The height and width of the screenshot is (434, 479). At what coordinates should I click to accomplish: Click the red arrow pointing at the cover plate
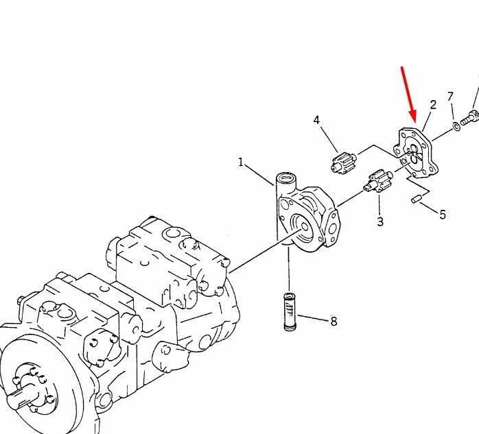pos(409,94)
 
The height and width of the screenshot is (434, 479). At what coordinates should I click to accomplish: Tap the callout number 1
pos(241,162)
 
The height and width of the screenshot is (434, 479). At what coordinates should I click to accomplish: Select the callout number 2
pos(433,105)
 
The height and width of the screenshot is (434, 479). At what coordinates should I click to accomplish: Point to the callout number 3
pos(380,221)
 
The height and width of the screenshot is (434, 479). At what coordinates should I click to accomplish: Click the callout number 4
pos(316,120)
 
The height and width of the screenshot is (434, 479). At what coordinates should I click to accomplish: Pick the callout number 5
pos(443,215)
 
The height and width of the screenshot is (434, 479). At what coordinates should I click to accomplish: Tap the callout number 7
pos(450,97)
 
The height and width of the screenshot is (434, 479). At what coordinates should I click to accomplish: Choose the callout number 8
pos(334,321)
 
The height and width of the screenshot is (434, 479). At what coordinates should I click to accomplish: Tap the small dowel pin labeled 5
pos(416,199)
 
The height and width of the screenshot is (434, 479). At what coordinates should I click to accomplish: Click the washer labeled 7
pos(456,125)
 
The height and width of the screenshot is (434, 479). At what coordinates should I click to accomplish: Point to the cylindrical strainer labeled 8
pos(290,311)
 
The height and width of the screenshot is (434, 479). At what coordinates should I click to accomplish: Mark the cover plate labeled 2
pos(416,153)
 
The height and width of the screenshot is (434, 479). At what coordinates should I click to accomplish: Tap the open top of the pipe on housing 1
pos(286,177)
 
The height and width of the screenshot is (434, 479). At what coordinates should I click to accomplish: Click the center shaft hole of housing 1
pos(304,227)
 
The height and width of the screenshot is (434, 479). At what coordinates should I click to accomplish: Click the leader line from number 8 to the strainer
pos(313,317)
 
